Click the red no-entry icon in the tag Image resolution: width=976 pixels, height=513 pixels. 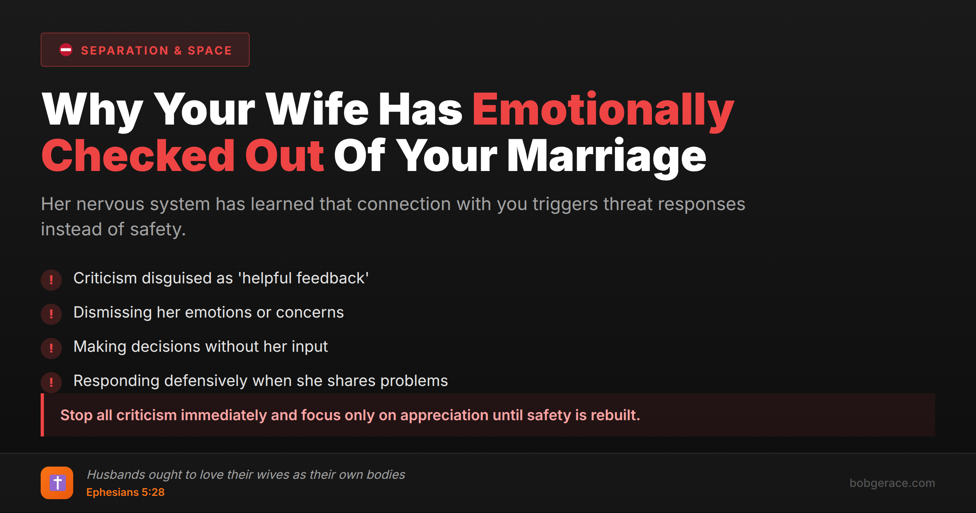(66, 50)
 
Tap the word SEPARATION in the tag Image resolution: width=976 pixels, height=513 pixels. (124, 50)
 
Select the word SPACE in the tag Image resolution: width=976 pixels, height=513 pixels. (209, 50)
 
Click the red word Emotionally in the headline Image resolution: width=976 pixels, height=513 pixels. (603, 110)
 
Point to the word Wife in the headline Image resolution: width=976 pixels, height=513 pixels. (317, 109)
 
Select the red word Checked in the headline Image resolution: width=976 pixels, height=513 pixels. (138, 156)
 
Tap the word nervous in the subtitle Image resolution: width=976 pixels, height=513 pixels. (110, 204)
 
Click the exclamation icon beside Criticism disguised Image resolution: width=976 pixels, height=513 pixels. (51, 280)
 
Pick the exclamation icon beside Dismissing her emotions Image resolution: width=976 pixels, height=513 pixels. (51, 314)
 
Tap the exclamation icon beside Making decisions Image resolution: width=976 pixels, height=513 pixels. (51, 348)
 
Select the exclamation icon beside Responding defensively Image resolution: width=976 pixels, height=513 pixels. (51, 382)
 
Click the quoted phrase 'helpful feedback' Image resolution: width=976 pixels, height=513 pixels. (303, 278)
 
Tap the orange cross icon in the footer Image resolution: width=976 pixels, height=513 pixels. (57, 483)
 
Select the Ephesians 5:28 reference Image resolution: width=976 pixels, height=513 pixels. (125, 492)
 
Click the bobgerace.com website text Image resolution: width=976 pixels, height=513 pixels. (892, 483)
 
